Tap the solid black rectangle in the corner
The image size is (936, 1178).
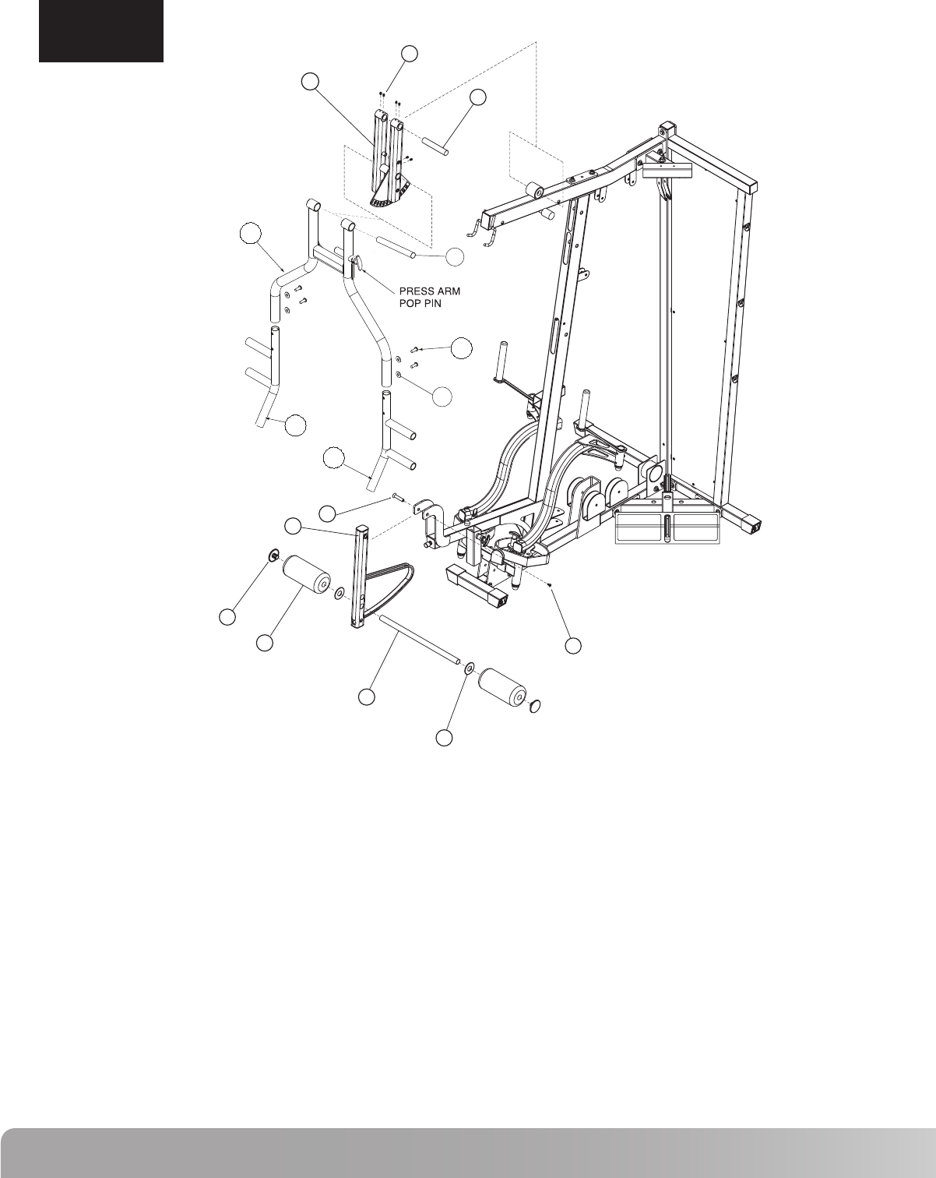pyautogui.click(x=101, y=30)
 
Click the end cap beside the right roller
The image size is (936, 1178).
pyautogui.click(x=533, y=707)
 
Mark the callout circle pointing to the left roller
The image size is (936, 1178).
pyautogui.click(x=265, y=643)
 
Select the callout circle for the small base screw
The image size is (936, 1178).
pyautogui.click(x=573, y=645)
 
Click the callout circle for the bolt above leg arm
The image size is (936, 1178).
pyautogui.click(x=329, y=512)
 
